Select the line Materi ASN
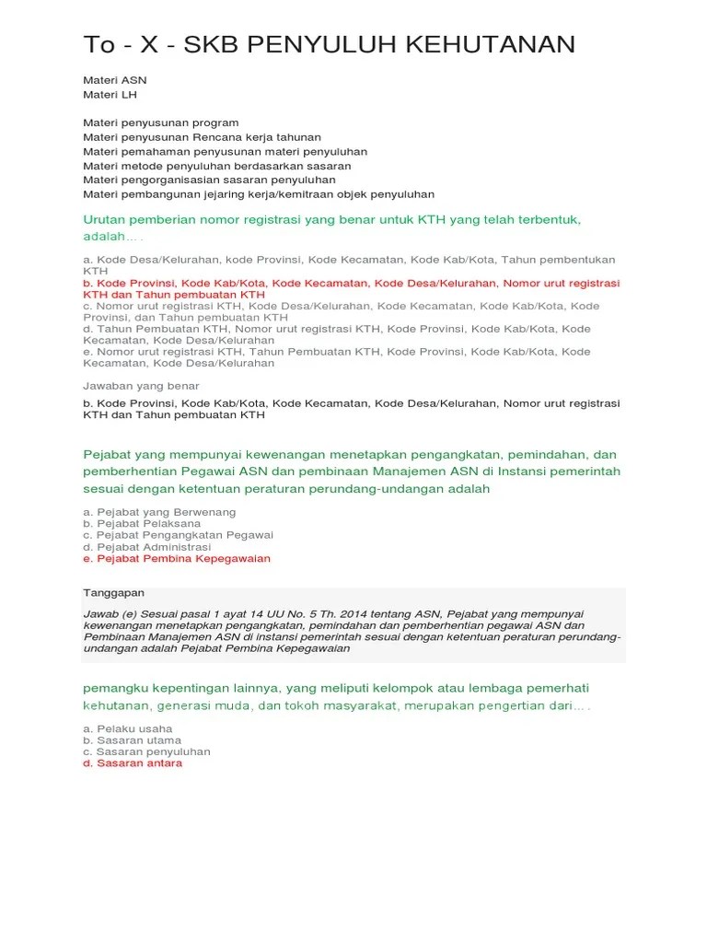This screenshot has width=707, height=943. [x=115, y=80]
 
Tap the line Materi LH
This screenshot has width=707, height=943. [x=110, y=94]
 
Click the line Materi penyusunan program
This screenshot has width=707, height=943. [x=161, y=122]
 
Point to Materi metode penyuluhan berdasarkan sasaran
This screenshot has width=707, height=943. [x=216, y=166]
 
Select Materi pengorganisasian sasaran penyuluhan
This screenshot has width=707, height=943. [x=209, y=180]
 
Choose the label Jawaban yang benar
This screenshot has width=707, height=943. [x=141, y=386]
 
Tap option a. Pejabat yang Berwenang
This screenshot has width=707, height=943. [x=159, y=511]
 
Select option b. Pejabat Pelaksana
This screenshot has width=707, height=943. [x=142, y=523]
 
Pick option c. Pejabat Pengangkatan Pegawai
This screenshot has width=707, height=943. [x=178, y=535]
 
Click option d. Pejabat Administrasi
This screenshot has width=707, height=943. [x=146, y=547]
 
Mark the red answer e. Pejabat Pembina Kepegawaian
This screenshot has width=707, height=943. [x=177, y=559]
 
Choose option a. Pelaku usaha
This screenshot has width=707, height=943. [x=128, y=728]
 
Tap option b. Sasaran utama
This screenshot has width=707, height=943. [x=132, y=740]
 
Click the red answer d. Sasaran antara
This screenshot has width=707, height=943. [x=133, y=763]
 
